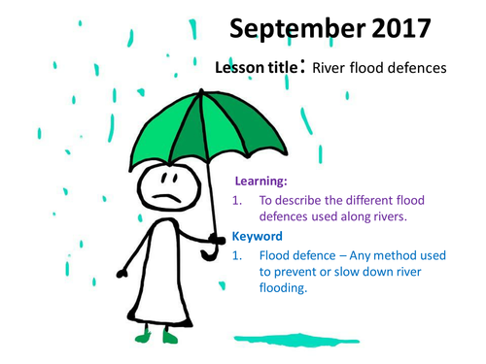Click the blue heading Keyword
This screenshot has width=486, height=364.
[258, 236]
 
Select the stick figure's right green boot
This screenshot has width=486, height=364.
[171, 337]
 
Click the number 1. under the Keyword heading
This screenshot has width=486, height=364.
[238, 256]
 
